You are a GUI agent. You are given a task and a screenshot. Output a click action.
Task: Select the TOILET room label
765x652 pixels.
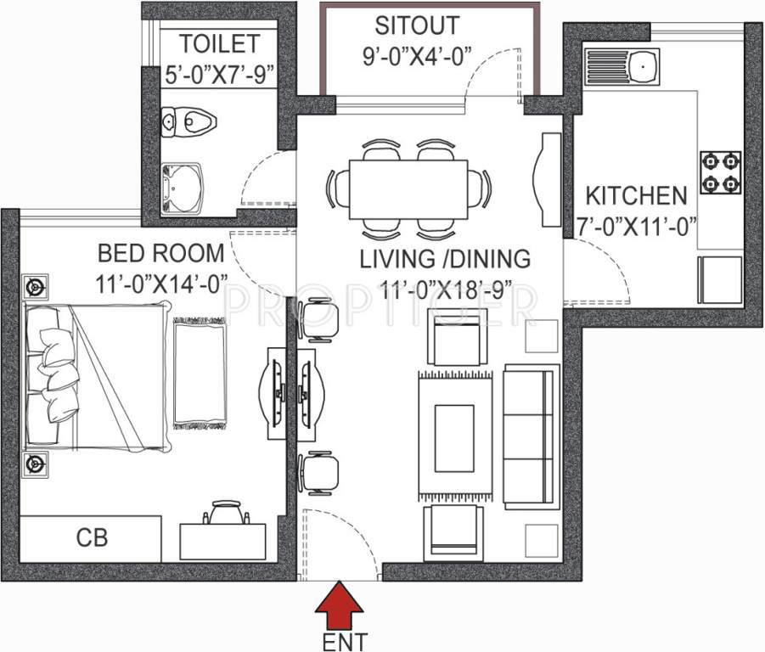pos(218,43)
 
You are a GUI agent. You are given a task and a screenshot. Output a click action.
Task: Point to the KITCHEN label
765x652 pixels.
pos(636,196)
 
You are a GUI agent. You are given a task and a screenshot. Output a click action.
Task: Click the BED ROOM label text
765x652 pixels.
pos(161,253)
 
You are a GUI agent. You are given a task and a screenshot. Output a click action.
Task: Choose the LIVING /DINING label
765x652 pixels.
pos(445,258)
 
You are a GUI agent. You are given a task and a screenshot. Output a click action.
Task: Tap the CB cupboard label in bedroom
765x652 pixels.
pos(92,537)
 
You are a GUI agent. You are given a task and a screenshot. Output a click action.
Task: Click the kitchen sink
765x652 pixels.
pos(623,64)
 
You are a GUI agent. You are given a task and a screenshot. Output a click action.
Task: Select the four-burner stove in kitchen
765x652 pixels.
pos(720,172)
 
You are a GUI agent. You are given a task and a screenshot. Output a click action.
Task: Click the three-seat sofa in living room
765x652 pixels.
pos(532,436)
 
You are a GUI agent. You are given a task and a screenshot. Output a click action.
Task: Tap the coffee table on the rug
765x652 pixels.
pos(454,437)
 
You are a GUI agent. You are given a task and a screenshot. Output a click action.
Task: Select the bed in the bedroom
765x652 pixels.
pos(93,374)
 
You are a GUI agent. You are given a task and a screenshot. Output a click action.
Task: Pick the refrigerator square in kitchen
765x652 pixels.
pos(721,279)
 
